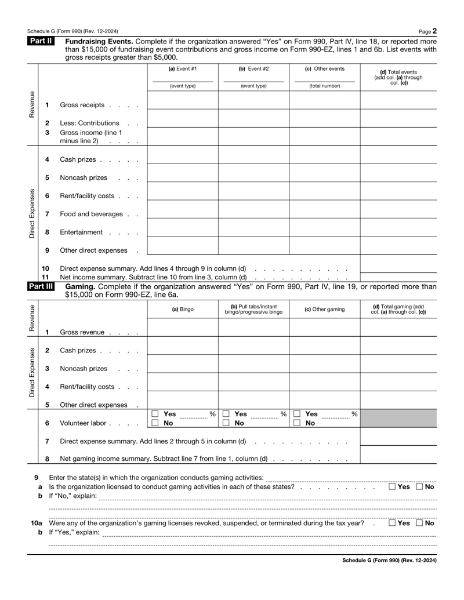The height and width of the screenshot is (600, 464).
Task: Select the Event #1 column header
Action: (182, 69)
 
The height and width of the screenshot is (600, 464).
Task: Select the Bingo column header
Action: (182, 309)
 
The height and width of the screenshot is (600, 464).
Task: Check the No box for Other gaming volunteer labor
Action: (296, 423)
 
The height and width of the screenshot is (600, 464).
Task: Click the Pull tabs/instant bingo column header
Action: (253, 309)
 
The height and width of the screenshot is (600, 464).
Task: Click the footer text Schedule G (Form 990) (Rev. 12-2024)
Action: (389, 561)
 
